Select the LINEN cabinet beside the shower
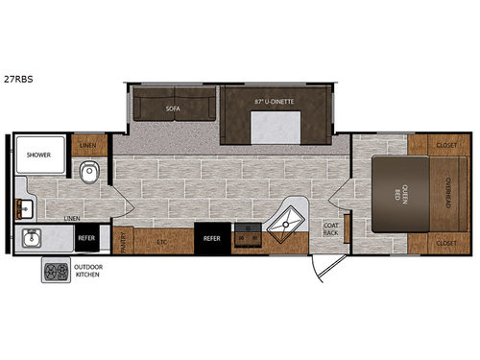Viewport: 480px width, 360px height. (86, 145)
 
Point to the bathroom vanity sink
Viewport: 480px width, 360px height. (23, 206)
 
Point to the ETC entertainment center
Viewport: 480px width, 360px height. (162, 243)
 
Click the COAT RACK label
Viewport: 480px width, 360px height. (329, 229)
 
